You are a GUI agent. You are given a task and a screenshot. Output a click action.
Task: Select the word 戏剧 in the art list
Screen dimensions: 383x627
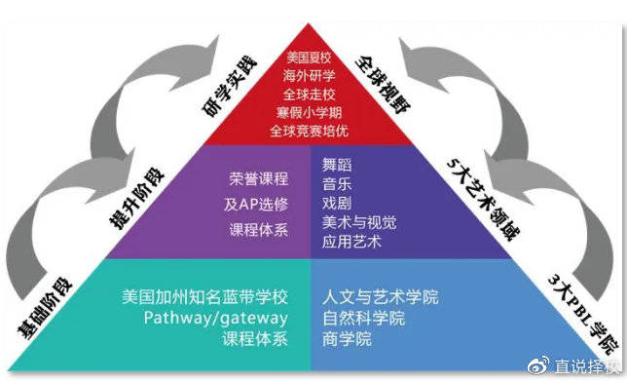click(x=337, y=202)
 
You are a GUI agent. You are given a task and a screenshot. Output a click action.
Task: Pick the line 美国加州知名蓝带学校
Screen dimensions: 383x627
click(x=205, y=296)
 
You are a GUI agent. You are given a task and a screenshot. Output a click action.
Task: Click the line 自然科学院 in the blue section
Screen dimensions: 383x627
click(x=362, y=318)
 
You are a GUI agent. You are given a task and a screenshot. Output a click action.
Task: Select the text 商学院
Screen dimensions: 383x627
click(x=348, y=339)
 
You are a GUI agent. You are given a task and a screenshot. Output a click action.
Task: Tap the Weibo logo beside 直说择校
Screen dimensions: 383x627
click(x=537, y=365)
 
